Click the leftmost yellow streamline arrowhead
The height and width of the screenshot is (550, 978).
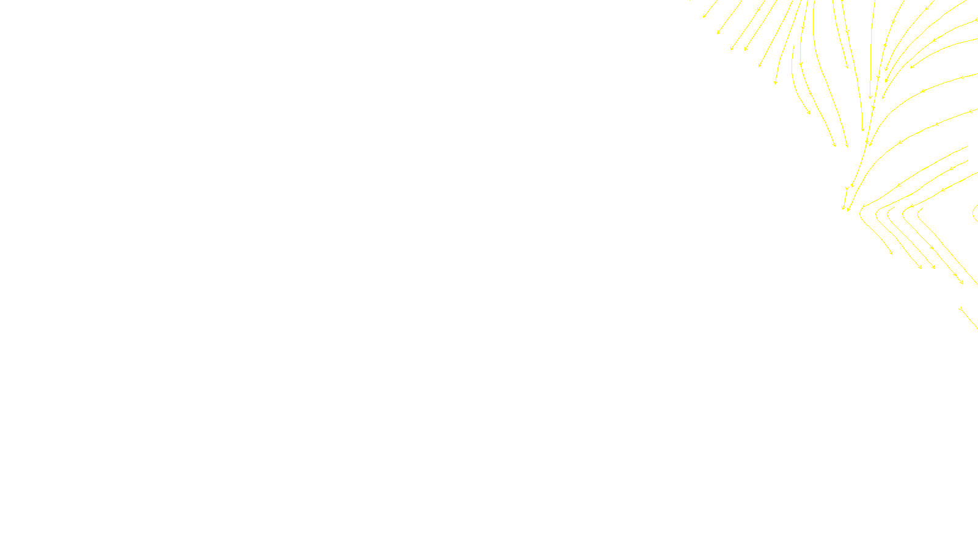click(x=704, y=16)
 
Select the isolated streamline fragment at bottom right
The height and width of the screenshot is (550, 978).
click(x=968, y=318)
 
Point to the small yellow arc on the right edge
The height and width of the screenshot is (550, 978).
click(x=974, y=213)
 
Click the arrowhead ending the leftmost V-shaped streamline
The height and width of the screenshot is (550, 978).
click(x=891, y=252)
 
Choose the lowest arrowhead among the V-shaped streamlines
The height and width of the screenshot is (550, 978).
click(x=961, y=282)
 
